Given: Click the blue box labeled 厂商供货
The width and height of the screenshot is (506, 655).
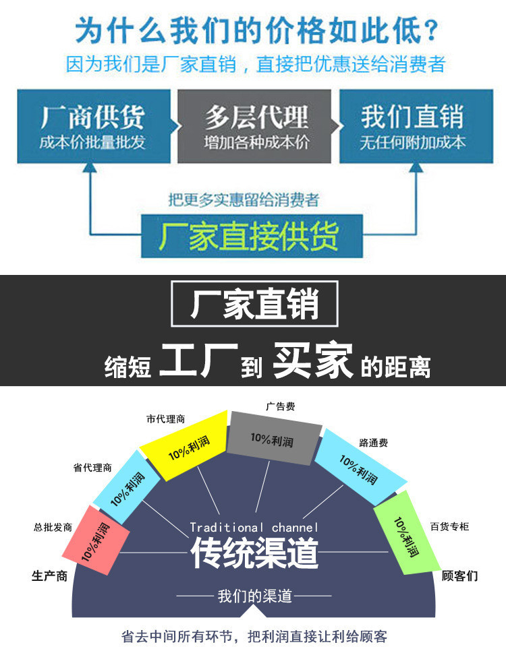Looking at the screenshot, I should (x=92, y=126).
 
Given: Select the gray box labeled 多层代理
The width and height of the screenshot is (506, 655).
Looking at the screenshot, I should (x=254, y=126).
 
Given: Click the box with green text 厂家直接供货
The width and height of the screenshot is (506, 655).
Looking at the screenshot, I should (x=251, y=236).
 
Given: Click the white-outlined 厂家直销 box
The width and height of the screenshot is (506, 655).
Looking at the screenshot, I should (x=254, y=305).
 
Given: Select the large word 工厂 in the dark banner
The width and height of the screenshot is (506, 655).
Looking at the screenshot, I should (x=198, y=362).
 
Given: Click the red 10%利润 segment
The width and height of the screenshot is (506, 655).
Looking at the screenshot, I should (x=95, y=539).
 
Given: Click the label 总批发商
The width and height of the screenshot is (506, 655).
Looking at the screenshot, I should (x=53, y=526).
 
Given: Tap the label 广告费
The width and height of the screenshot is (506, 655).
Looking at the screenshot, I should (x=280, y=406).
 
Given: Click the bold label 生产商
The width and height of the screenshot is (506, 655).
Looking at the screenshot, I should (x=49, y=576).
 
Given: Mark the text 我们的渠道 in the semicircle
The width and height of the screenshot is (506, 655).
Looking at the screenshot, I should (x=254, y=596).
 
